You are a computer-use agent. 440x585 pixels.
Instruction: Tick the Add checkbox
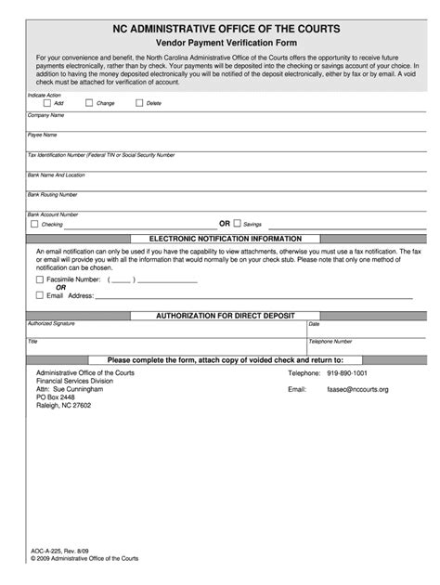click(x=46, y=103)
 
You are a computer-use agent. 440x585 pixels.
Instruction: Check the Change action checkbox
click(x=88, y=103)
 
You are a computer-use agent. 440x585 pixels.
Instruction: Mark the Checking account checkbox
click(x=34, y=224)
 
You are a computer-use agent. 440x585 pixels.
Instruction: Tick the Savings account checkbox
click(x=237, y=224)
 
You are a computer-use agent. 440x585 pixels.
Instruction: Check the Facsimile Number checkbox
click(x=39, y=279)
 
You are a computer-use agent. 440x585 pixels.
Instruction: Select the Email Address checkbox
click(x=39, y=294)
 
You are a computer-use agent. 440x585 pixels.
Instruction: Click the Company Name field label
click(x=46, y=115)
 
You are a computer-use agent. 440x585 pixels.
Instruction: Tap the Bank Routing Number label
click(x=52, y=194)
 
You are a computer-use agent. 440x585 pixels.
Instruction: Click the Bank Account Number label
click(x=53, y=214)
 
